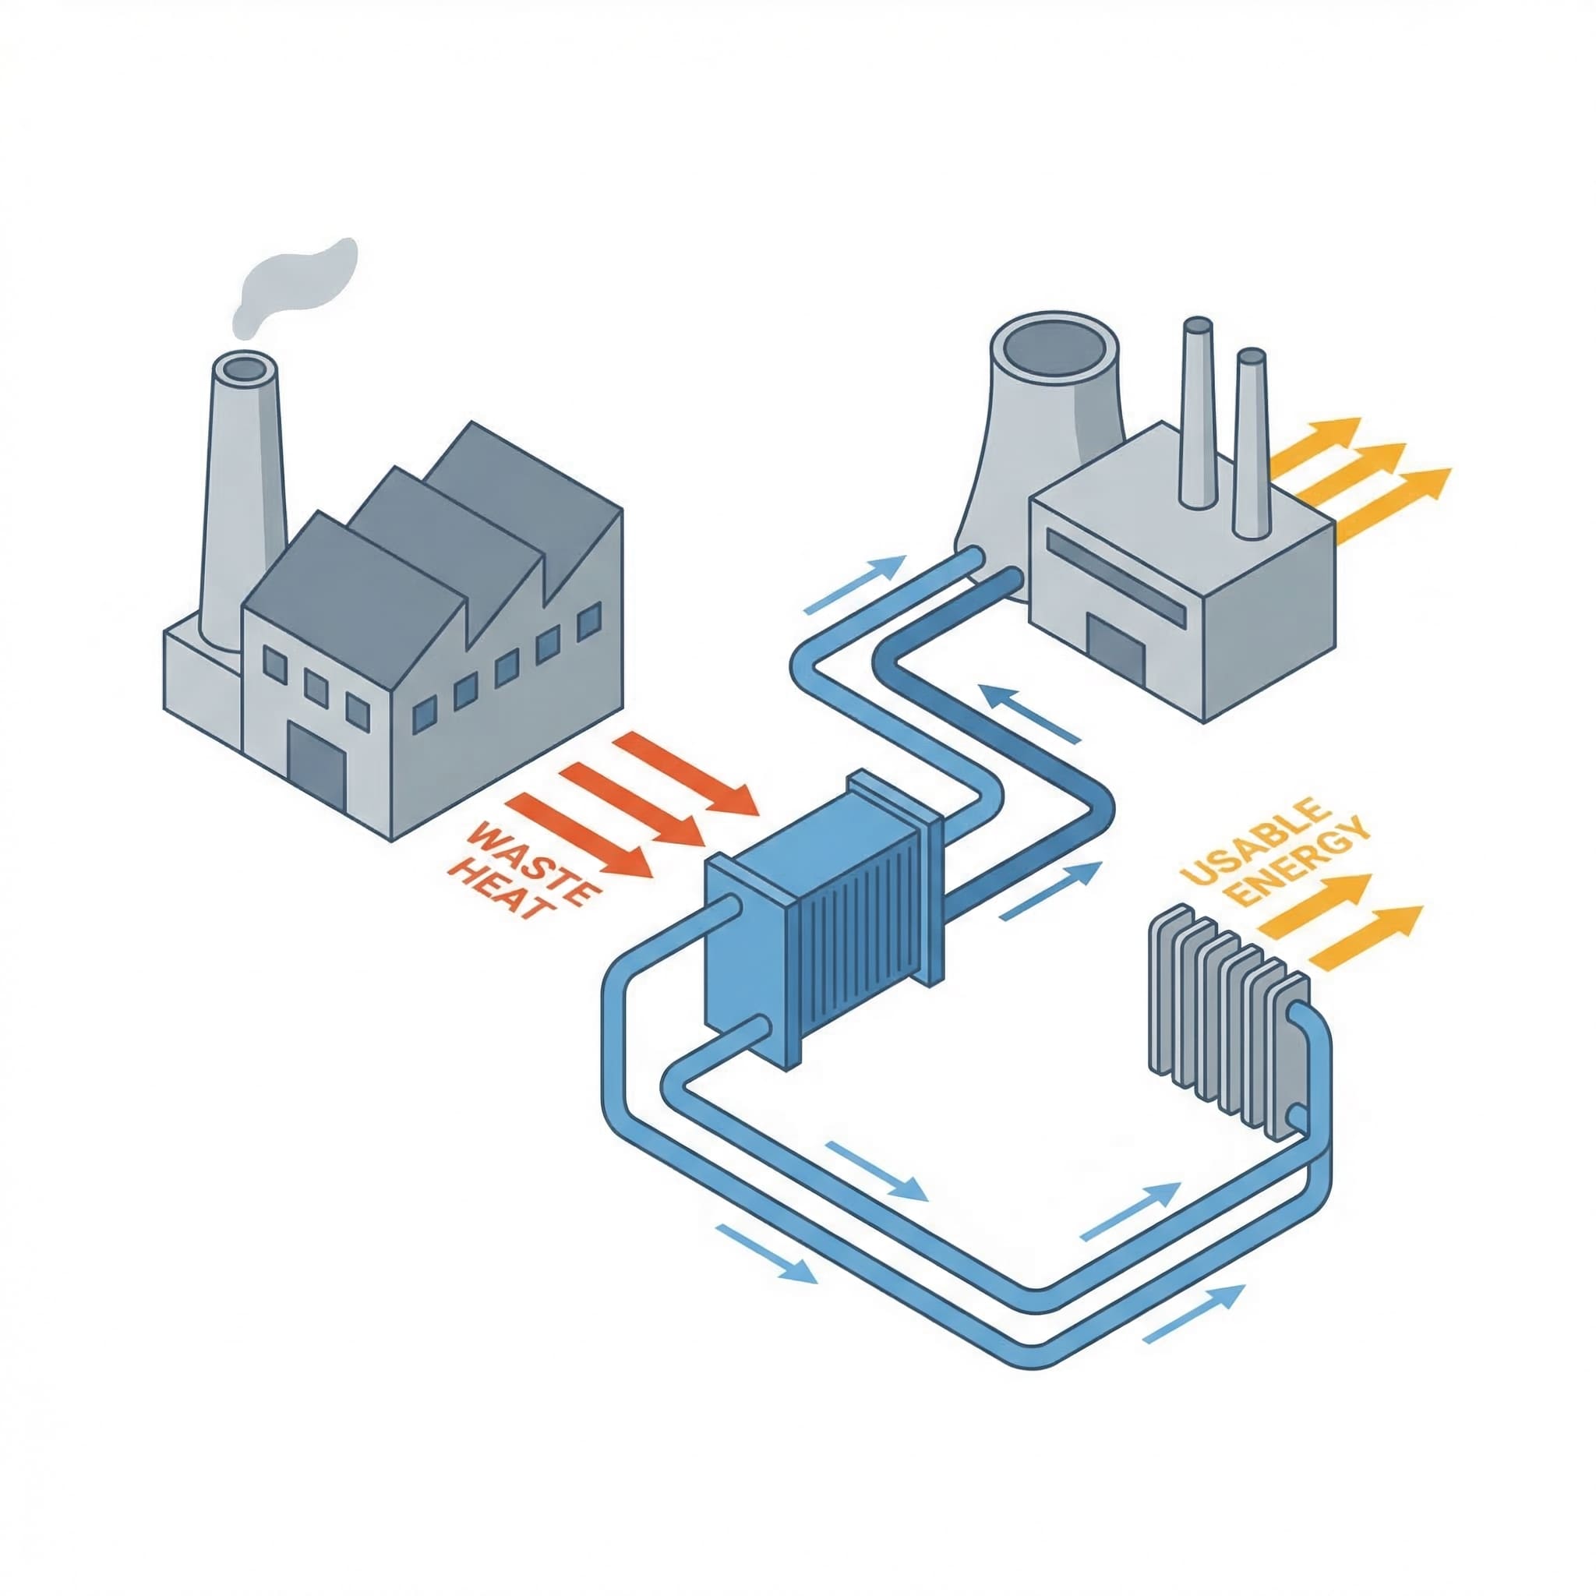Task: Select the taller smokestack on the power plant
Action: (x=1197, y=413)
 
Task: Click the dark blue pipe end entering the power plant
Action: (x=1008, y=579)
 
